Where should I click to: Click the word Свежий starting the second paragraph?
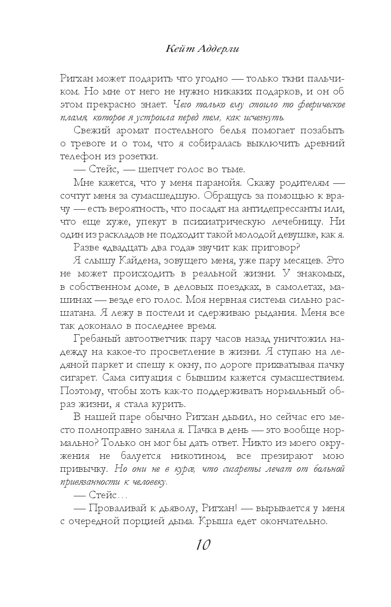(x=88, y=130)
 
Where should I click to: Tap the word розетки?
(x=139, y=156)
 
